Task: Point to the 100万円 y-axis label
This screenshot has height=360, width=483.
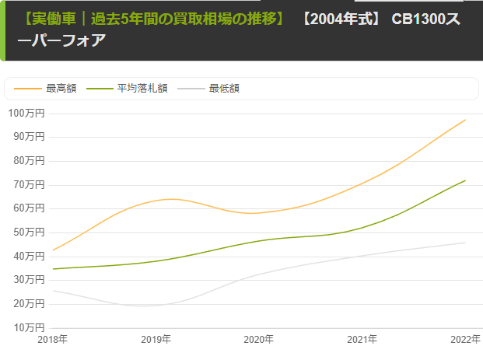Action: tap(26, 114)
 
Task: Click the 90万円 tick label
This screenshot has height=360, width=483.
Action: tap(29, 138)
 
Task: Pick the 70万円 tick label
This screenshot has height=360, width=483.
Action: tap(29, 185)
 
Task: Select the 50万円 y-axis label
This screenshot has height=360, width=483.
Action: tap(29, 232)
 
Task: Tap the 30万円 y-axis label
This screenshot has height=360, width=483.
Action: tap(29, 280)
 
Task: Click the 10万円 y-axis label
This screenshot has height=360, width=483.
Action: tap(29, 327)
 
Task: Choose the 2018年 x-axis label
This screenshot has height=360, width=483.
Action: tap(53, 340)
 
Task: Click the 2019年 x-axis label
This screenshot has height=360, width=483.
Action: tap(156, 340)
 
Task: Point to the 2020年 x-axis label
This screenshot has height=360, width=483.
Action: tap(259, 340)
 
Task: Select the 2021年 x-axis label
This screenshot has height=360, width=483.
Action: tap(362, 340)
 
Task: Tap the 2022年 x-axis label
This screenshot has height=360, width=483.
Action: tap(464, 340)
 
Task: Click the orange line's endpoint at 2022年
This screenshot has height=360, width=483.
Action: tap(465, 120)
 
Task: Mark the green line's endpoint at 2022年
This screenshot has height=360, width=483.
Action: tap(465, 180)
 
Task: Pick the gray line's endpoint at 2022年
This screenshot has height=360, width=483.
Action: tap(465, 243)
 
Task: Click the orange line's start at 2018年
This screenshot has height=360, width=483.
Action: tap(53, 250)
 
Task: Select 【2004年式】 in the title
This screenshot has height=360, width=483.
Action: tap(340, 17)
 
